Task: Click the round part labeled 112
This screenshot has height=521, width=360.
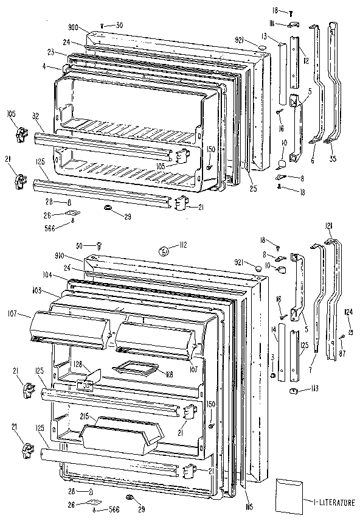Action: coord(164,248)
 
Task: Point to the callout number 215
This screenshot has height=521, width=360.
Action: coord(85,416)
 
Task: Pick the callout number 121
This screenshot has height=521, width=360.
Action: coord(329,226)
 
